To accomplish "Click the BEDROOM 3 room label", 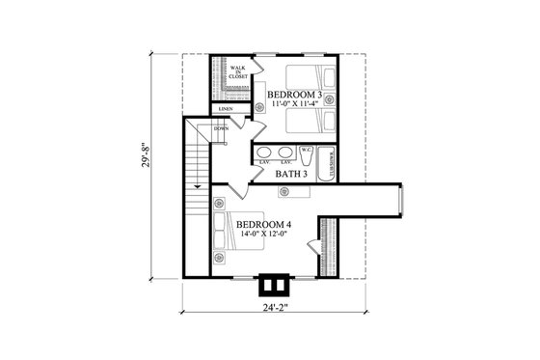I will pyautogui.click(x=295, y=95).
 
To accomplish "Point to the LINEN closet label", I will pyautogui.click(x=225, y=110).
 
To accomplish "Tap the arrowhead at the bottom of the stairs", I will pyautogui.click(x=196, y=184).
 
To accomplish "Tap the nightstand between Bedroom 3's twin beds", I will pyautogui.click(x=329, y=100).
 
